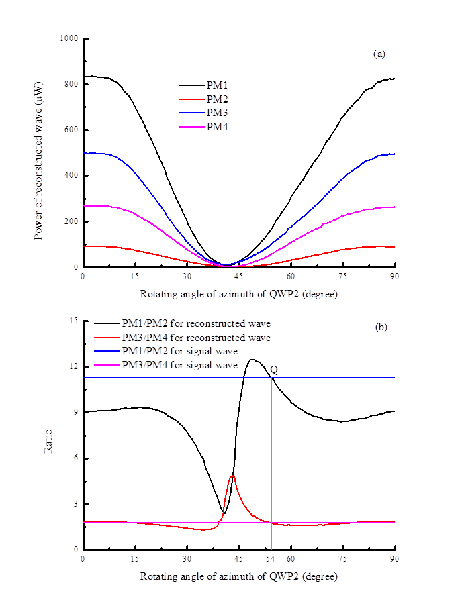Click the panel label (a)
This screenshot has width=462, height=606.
coord(379,54)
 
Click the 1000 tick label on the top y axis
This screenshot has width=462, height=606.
coord(69,38)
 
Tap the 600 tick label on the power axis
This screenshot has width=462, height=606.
coord(71,130)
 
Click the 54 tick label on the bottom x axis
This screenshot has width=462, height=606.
coord(271,558)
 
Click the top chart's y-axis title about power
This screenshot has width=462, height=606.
coord(38,153)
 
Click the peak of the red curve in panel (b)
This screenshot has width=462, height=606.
coord(232,476)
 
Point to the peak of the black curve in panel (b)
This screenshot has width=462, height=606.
coord(252,360)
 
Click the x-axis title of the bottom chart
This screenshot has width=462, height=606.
coord(238,576)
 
